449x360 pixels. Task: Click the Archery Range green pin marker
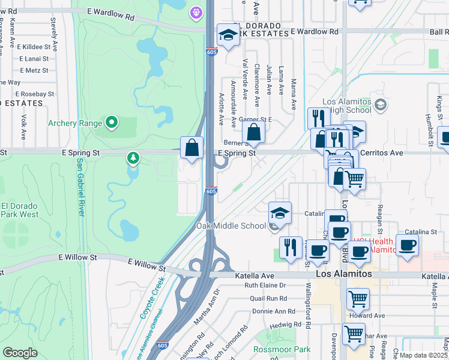click(x=112, y=123)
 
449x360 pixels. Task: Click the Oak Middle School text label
click(x=231, y=226)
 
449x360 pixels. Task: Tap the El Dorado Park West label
click(x=19, y=210)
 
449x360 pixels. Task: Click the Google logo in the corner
click(x=20, y=353)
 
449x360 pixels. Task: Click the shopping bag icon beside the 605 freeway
click(x=191, y=147)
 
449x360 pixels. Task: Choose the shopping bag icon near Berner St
click(x=255, y=133)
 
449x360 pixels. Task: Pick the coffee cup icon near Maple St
click(x=408, y=245)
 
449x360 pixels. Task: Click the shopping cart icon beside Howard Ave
click(x=358, y=298)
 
